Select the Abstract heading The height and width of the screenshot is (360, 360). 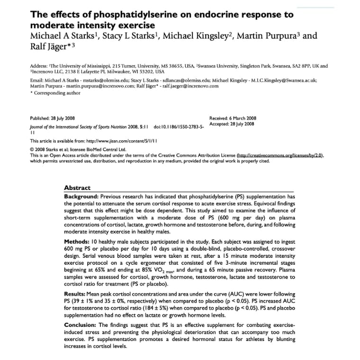pyautogui.click(x=77, y=188)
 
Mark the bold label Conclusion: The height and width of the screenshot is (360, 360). pyautogui.click(x=81, y=326)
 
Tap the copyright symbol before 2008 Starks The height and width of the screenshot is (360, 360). pyautogui.click(x=32, y=148)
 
